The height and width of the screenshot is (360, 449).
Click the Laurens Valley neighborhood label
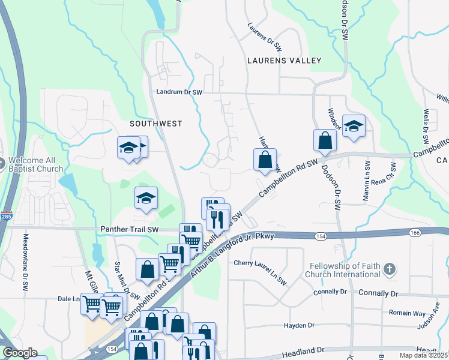(284, 61)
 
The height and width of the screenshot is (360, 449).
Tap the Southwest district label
(155, 123)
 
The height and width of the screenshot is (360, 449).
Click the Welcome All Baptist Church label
(35, 164)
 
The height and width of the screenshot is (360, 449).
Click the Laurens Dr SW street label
(265, 35)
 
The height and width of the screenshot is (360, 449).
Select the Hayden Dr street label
(299, 325)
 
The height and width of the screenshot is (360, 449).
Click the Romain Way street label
(408, 313)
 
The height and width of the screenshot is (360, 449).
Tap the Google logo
(19, 353)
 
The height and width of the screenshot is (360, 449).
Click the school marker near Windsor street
(354, 126)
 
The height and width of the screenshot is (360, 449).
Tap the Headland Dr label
(304, 349)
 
